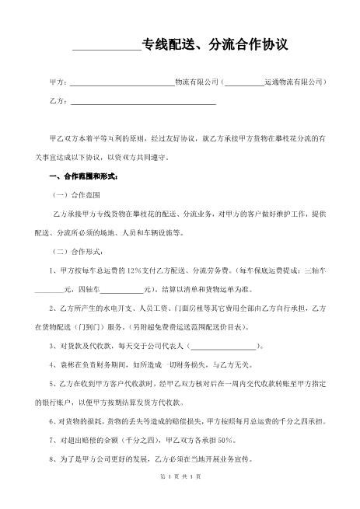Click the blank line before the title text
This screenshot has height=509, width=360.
107,48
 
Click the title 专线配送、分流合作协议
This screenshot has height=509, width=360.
215,45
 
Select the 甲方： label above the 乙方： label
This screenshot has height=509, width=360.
58,82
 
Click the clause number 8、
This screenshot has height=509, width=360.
51,458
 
